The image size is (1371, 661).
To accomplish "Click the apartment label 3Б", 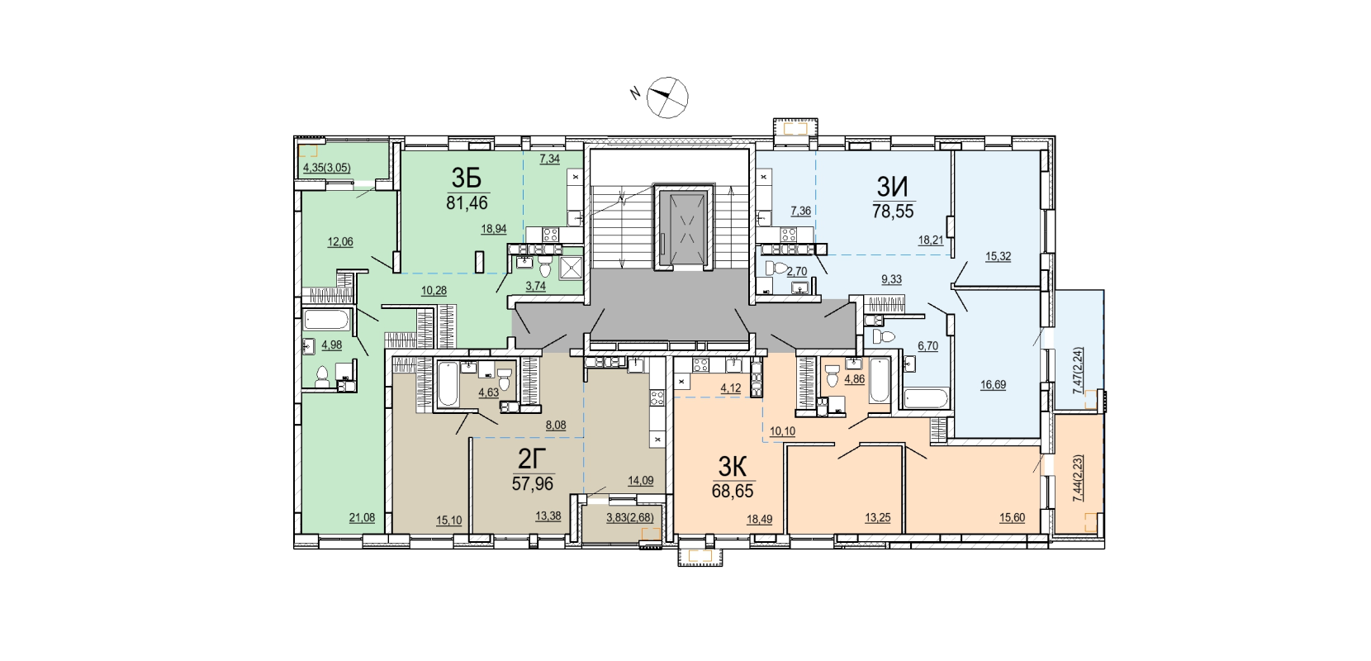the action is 467,178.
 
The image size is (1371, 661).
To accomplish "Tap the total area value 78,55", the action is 893,212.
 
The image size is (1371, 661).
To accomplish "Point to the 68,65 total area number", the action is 733,491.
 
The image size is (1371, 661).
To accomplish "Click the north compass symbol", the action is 668,97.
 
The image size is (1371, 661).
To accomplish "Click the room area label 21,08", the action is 362,518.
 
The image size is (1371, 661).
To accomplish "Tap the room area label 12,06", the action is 340,242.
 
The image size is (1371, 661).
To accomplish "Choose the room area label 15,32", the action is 998,257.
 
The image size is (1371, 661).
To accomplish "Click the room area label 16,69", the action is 993,385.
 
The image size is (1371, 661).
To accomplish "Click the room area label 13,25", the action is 878,518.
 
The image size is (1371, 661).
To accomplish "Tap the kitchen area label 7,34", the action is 549,159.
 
